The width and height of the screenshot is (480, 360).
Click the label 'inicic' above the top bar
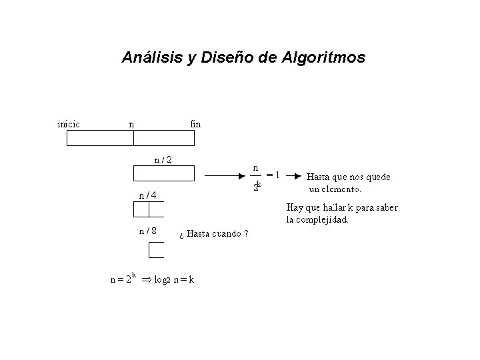tap(69, 123)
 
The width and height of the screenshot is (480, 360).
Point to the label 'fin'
tap(195, 123)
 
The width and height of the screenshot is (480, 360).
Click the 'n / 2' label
tap(163, 159)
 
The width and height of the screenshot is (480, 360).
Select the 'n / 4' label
tap(147, 195)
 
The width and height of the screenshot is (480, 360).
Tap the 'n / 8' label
tap(147, 231)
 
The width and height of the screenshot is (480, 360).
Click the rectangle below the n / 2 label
tap(164, 174)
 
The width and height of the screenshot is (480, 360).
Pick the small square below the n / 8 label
tap(156, 250)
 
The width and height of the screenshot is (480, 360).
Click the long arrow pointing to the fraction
tap(224, 176)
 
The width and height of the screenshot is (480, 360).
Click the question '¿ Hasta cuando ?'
tap(215, 234)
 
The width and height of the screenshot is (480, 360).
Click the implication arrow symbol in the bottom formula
tap(145, 280)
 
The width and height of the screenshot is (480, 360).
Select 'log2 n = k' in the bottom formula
tap(174, 280)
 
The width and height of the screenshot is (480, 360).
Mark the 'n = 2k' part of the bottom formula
tap(123, 279)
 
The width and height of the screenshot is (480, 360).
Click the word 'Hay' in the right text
tap(294, 207)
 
